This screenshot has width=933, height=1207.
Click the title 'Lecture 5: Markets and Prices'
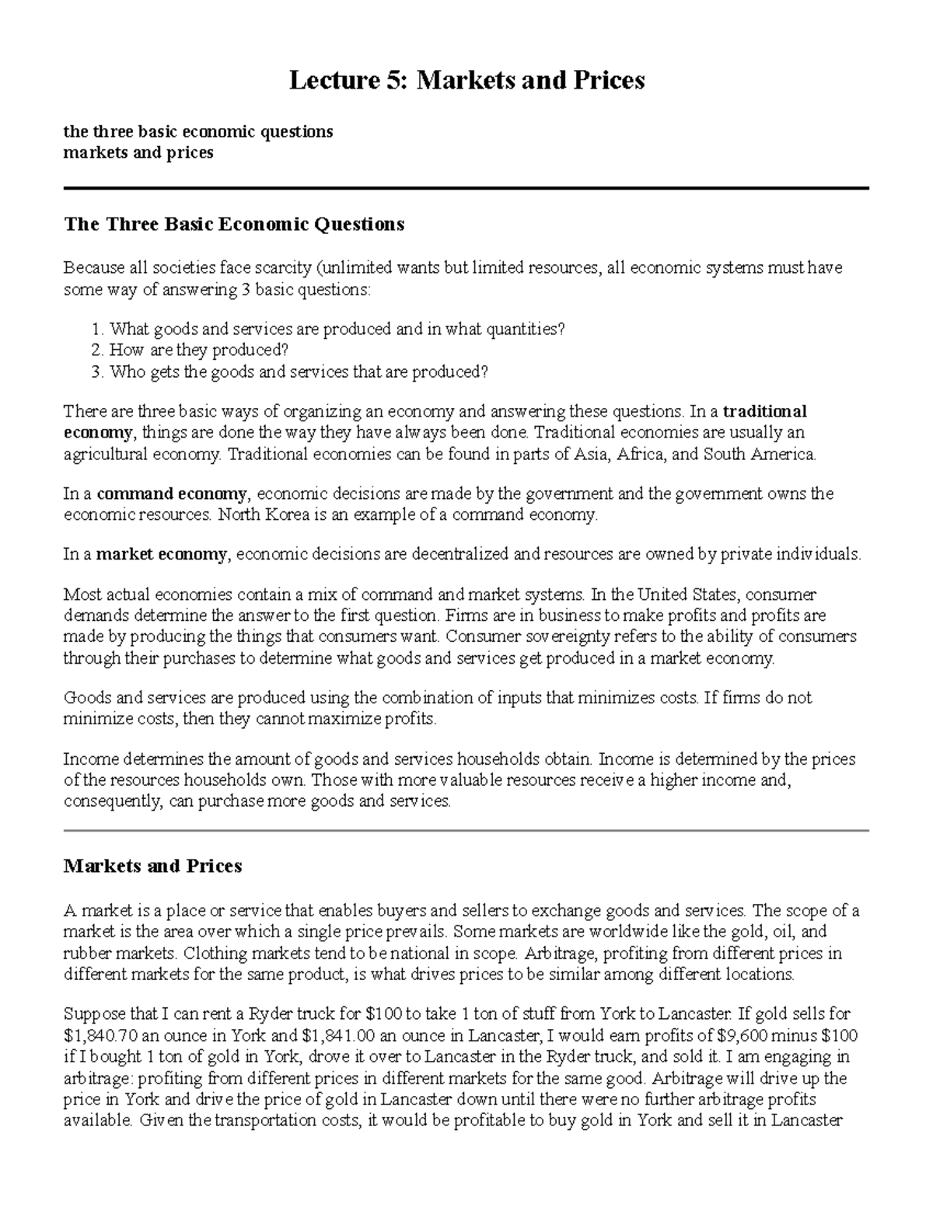click(466, 80)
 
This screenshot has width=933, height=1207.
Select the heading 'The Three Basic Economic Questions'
click(233, 225)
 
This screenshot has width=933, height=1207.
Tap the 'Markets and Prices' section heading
click(152, 866)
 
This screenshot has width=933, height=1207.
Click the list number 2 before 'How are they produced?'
click(96, 351)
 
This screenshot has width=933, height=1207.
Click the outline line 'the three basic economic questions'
click(197, 131)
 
